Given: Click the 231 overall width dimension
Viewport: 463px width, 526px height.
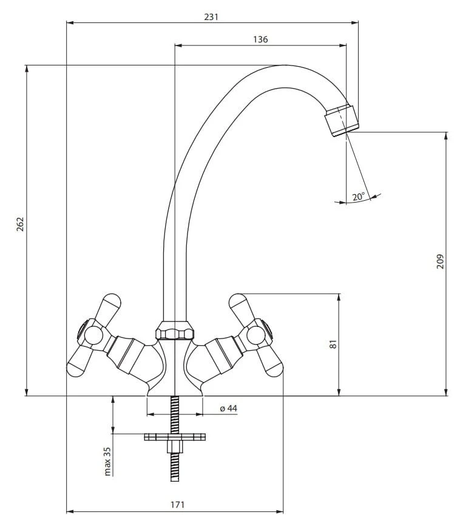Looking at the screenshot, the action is (x=211, y=17).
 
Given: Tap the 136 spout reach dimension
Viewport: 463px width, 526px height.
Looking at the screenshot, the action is (x=260, y=39).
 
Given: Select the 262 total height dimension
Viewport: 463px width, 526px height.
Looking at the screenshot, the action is (x=21, y=224).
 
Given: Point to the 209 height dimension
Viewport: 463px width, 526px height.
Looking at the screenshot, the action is (x=440, y=261).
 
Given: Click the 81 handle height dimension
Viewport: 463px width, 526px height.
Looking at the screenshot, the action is (x=333, y=344).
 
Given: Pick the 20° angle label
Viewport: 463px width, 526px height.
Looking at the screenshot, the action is (x=358, y=197).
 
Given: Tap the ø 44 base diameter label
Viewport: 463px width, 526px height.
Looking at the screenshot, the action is (x=229, y=408).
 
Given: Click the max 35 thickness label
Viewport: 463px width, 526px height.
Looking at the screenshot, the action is (x=107, y=461).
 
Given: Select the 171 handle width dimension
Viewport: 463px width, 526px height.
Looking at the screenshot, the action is (x=177, y=504).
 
